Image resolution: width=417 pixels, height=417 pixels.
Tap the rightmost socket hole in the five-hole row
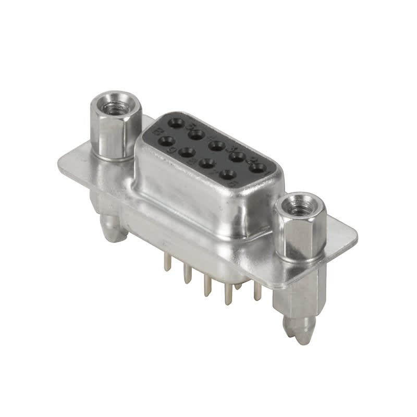[257, 168]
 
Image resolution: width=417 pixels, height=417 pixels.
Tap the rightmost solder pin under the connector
[257, 292]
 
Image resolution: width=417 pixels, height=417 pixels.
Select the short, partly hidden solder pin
[238, 286]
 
